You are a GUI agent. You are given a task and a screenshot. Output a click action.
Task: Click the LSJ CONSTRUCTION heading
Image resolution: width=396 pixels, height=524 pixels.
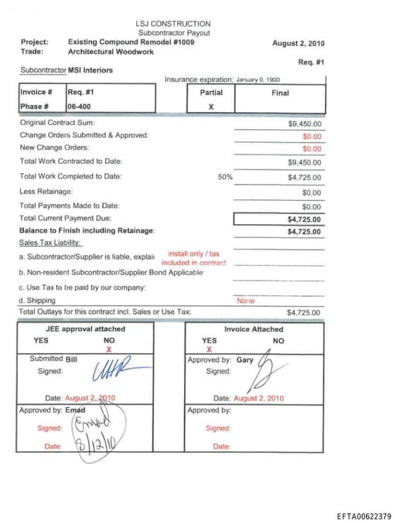tap(172, 24)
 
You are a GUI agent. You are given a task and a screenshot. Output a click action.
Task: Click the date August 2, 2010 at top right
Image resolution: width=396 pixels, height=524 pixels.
tap(299, 43)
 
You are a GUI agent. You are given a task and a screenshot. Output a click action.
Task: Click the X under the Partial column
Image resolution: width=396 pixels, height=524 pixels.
tap(210, 107)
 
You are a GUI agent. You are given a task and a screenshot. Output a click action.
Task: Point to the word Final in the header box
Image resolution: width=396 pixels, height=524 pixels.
tap(281, 93)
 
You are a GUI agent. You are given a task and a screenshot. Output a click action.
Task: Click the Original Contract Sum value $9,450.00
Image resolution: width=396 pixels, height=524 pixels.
tap(305, 123)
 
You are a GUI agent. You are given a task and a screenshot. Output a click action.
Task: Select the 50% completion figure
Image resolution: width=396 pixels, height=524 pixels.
tap(225, 176)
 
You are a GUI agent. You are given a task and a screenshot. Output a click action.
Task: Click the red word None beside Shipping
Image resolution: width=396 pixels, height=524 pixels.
tap(246, 301)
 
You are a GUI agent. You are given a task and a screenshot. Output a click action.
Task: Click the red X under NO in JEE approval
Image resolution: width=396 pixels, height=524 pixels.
tap(109, 349)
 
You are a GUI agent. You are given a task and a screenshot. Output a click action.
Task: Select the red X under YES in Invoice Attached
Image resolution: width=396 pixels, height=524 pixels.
tap(209, 349)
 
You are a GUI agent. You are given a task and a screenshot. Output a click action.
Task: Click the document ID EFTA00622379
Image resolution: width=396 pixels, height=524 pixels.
tap(364, 515)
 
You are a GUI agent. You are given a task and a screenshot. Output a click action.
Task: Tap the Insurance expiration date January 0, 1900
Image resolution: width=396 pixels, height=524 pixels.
tap(258, 80)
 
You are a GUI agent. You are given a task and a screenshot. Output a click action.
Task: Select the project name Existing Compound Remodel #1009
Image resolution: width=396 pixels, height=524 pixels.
tap(131, 42)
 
